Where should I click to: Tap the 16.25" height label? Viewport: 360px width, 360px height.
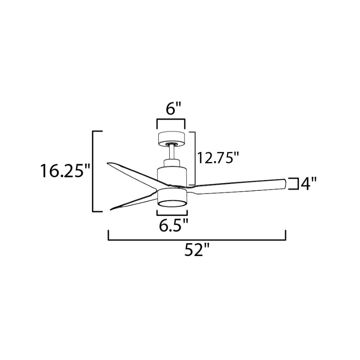[65, 171]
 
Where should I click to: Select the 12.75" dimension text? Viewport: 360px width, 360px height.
[218, 158]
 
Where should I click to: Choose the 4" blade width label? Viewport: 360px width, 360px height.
[308, 184]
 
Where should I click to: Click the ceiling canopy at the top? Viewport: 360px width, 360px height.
[171, 139]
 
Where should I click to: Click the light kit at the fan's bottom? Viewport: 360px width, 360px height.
[172, 198]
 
